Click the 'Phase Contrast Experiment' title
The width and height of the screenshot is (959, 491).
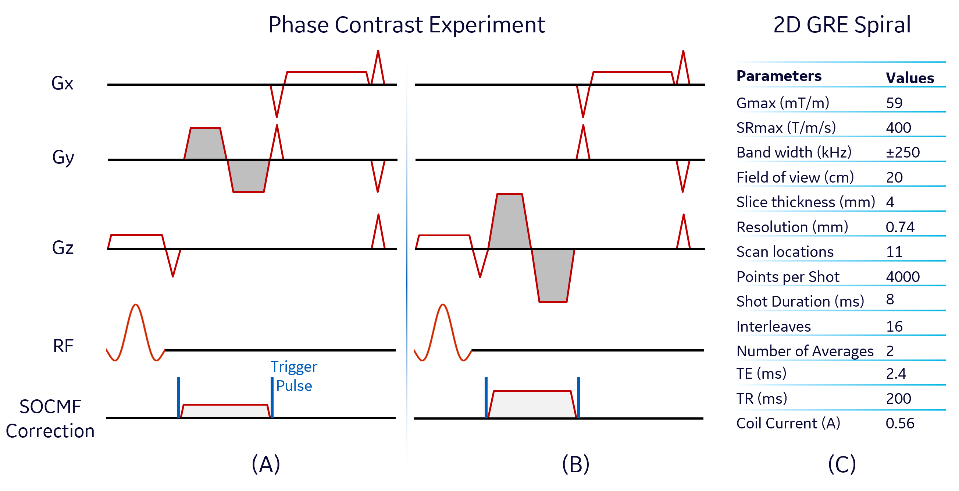point(406,25)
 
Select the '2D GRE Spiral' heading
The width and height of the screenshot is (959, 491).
point(842,25)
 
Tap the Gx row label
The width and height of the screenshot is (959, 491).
point(62,83)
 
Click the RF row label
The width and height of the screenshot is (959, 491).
point(63,346)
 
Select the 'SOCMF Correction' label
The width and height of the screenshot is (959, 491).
point(50,419)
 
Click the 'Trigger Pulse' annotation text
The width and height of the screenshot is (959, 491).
point(294,376)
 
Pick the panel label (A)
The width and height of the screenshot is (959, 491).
point(266,464)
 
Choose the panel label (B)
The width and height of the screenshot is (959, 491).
point(575,464)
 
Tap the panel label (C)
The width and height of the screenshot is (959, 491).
point(842,464)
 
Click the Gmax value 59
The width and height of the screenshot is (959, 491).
point(894,103)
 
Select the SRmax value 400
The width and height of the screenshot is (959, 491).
point(898,128)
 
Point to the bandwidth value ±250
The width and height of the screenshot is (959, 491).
point(902,152)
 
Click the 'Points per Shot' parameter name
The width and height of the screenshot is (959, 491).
point(788,277)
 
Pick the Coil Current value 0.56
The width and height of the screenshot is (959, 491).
point(900,423)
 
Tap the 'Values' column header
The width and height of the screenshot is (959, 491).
point(910,78)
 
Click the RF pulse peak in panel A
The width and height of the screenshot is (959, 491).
point(136,306)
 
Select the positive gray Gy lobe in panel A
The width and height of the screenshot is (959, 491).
point(206,144)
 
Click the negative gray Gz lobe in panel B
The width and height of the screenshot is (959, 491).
point(553,276)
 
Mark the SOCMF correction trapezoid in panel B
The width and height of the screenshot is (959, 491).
point(532,405)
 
